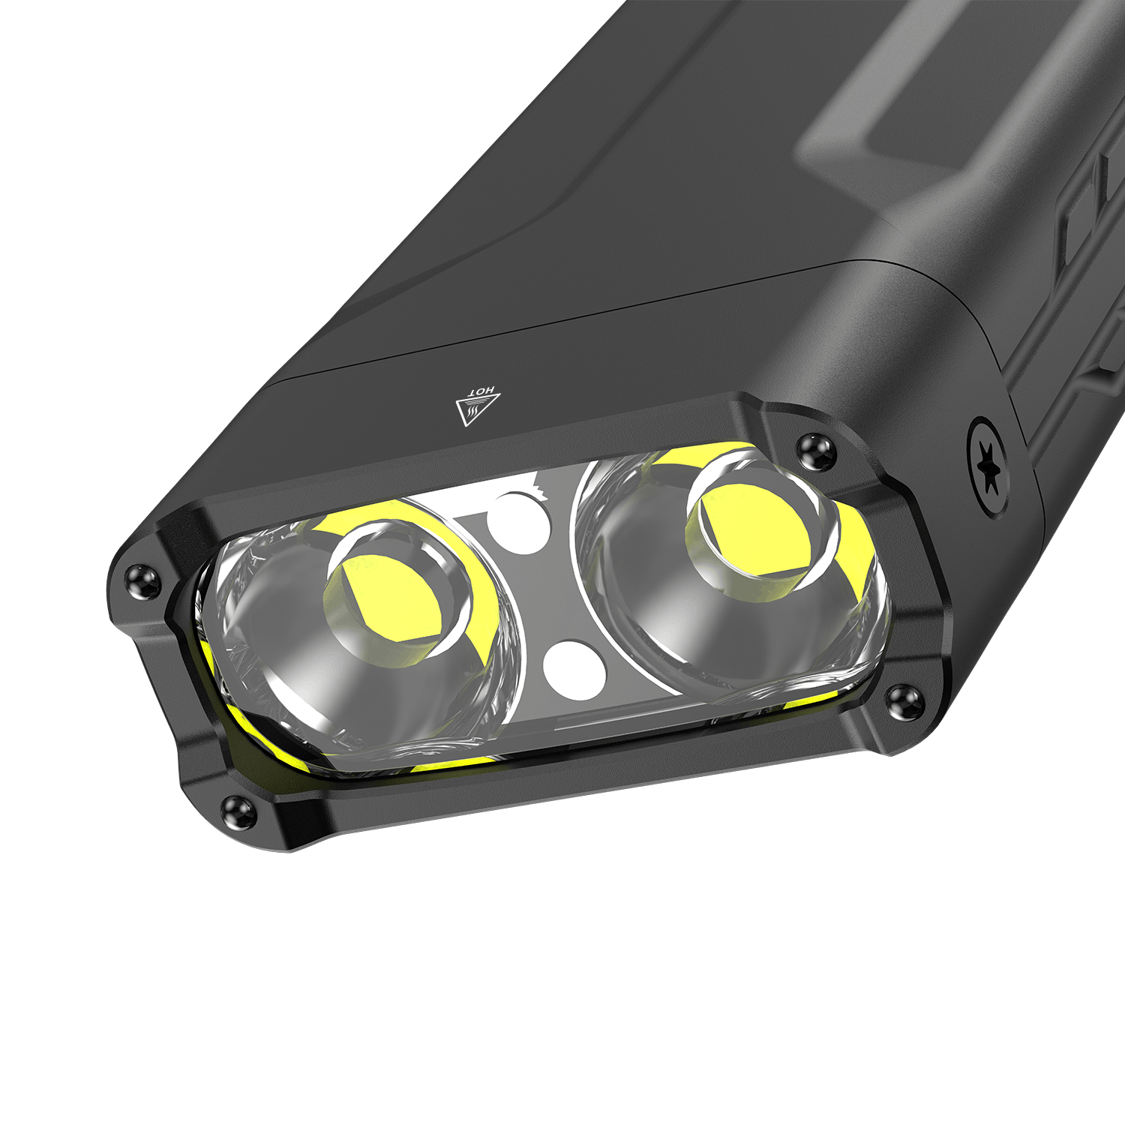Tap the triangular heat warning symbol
476,407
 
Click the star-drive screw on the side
988,466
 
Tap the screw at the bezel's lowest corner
239,811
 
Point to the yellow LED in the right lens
750,526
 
